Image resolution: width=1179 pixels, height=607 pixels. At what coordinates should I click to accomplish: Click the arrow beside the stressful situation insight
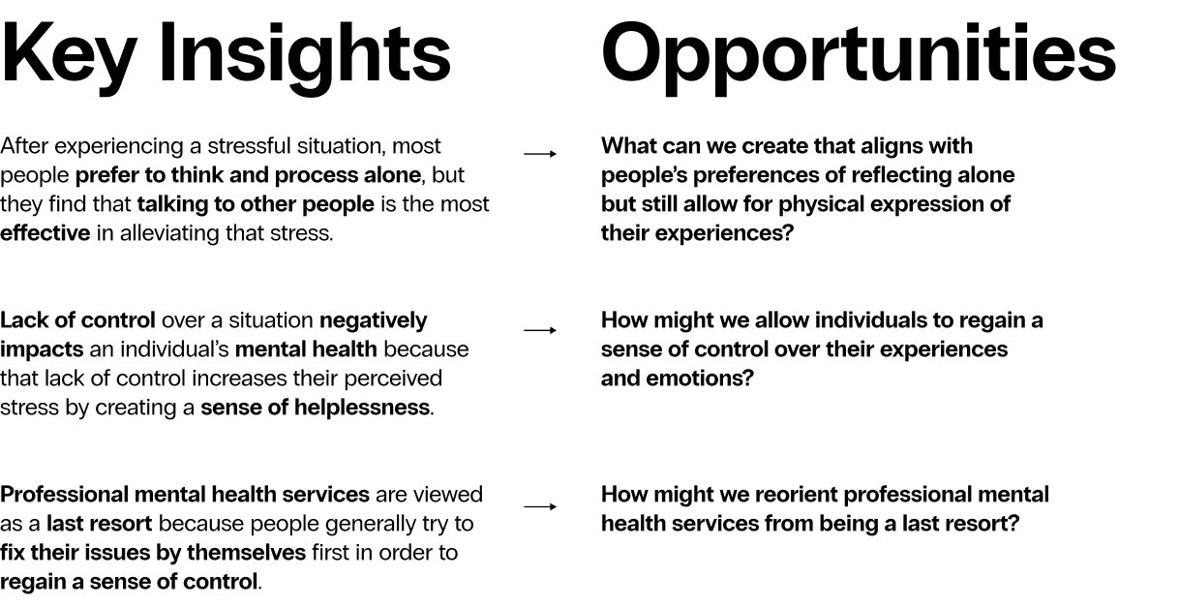point(540,153)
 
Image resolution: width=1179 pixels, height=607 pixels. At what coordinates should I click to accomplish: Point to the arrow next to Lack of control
point(540,330)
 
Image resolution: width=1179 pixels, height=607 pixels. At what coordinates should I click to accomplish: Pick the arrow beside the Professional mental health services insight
point(540,506)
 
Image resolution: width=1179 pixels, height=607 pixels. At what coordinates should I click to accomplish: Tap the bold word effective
point(45,233)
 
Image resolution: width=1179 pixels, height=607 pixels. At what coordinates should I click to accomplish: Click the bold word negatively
point(373,320)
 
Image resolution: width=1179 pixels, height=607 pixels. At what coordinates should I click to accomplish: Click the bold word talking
point(171,204)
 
